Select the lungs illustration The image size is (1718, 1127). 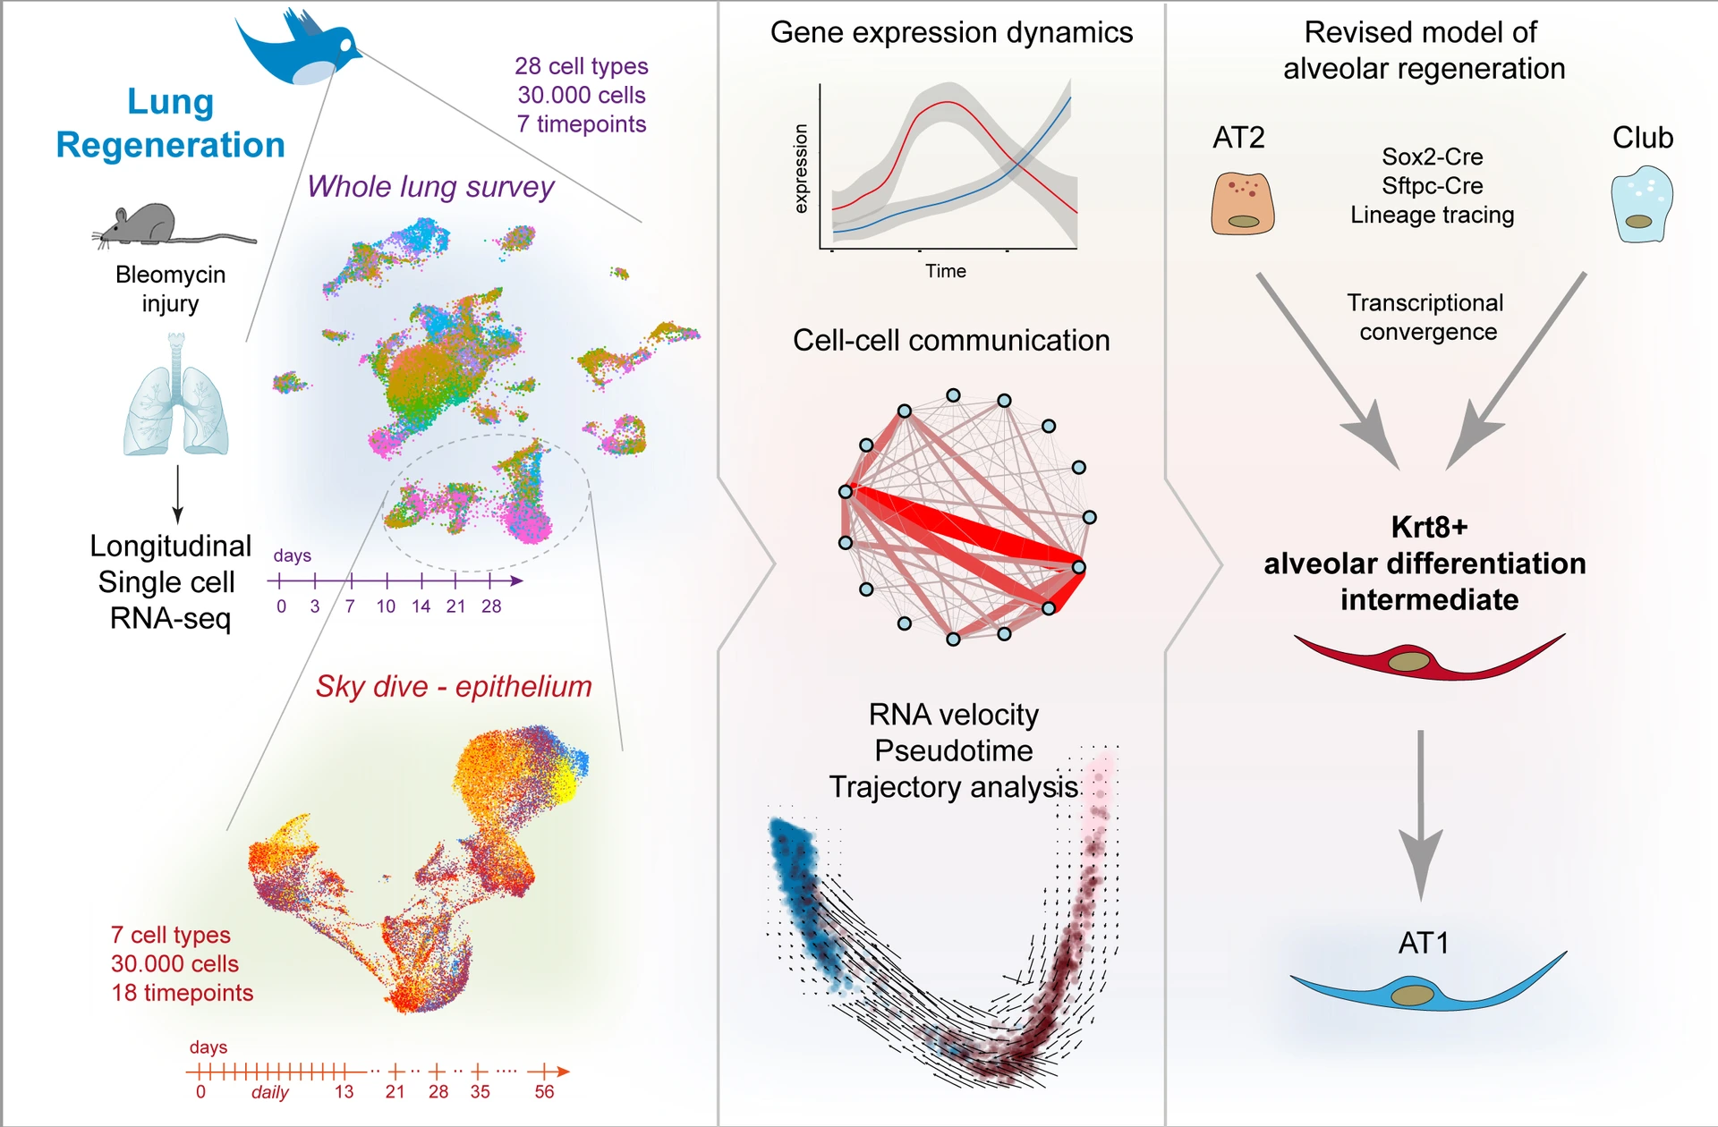[x=176, y=398]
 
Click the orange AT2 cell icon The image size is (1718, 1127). [x=1242, y=204]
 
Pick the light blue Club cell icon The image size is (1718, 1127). [x=1641, y=205]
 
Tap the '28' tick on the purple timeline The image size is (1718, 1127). [x=491, y=606]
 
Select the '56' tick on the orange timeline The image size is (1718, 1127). [x=544, y=1091]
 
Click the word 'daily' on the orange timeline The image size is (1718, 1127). [x=269, y=1092]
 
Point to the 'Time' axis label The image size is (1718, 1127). [x=945, y=271]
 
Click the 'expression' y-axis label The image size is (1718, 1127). [x=801, y=168]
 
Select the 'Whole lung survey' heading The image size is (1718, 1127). [x=430, y=186]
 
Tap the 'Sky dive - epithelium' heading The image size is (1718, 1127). [x=454, y=686]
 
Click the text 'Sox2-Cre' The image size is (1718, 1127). [x=1432, y=157]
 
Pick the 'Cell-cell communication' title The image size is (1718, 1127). [x=950, y=340]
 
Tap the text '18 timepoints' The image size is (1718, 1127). [x=182, y=993]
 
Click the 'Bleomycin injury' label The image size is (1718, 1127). [x=170, y=288]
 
